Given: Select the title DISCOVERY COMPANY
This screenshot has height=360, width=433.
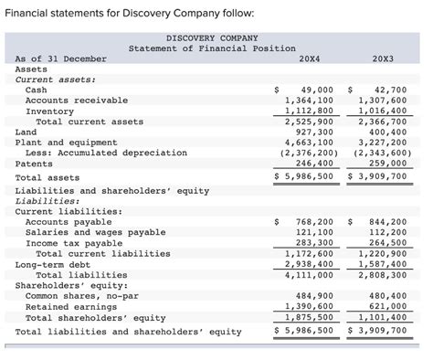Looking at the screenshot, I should (x=212, y=37).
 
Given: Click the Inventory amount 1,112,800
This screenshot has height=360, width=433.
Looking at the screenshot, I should (x=311, y=111).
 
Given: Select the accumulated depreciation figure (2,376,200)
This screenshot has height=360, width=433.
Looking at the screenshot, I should (x=309, y=153).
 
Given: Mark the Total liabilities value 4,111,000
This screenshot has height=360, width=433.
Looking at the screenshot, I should (x=311, y=274).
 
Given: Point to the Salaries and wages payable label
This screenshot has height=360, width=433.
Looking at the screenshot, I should (x=96, y=233).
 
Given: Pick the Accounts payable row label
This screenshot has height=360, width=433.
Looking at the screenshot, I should (x=69, y=222).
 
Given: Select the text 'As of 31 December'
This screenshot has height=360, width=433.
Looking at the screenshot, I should (x=60, y=58).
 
